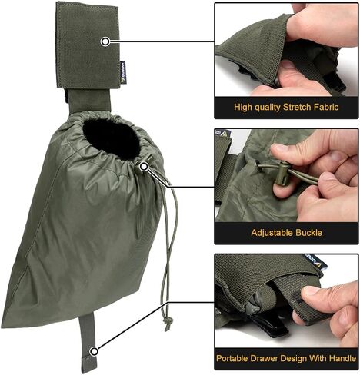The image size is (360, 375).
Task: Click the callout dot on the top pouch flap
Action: [105, 40]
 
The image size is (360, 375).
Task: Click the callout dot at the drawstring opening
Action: [144, 164]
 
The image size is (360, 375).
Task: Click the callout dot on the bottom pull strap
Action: [94, 350]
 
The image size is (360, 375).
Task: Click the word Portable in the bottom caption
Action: [238, 357]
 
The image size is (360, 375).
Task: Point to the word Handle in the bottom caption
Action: [336, 357]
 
